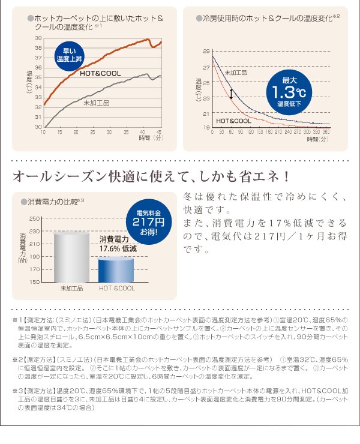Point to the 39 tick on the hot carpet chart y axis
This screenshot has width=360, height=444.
click(37, 38)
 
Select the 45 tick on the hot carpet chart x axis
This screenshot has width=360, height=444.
click(159, 131)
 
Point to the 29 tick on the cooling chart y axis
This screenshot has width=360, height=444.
click(206, 52)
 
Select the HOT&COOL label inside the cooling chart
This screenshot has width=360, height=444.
click(233, 121)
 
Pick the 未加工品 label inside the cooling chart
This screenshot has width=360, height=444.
click(236, 73)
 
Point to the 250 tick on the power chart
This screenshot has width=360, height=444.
click(34, 218)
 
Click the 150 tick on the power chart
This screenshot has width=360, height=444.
click(34, 281)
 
